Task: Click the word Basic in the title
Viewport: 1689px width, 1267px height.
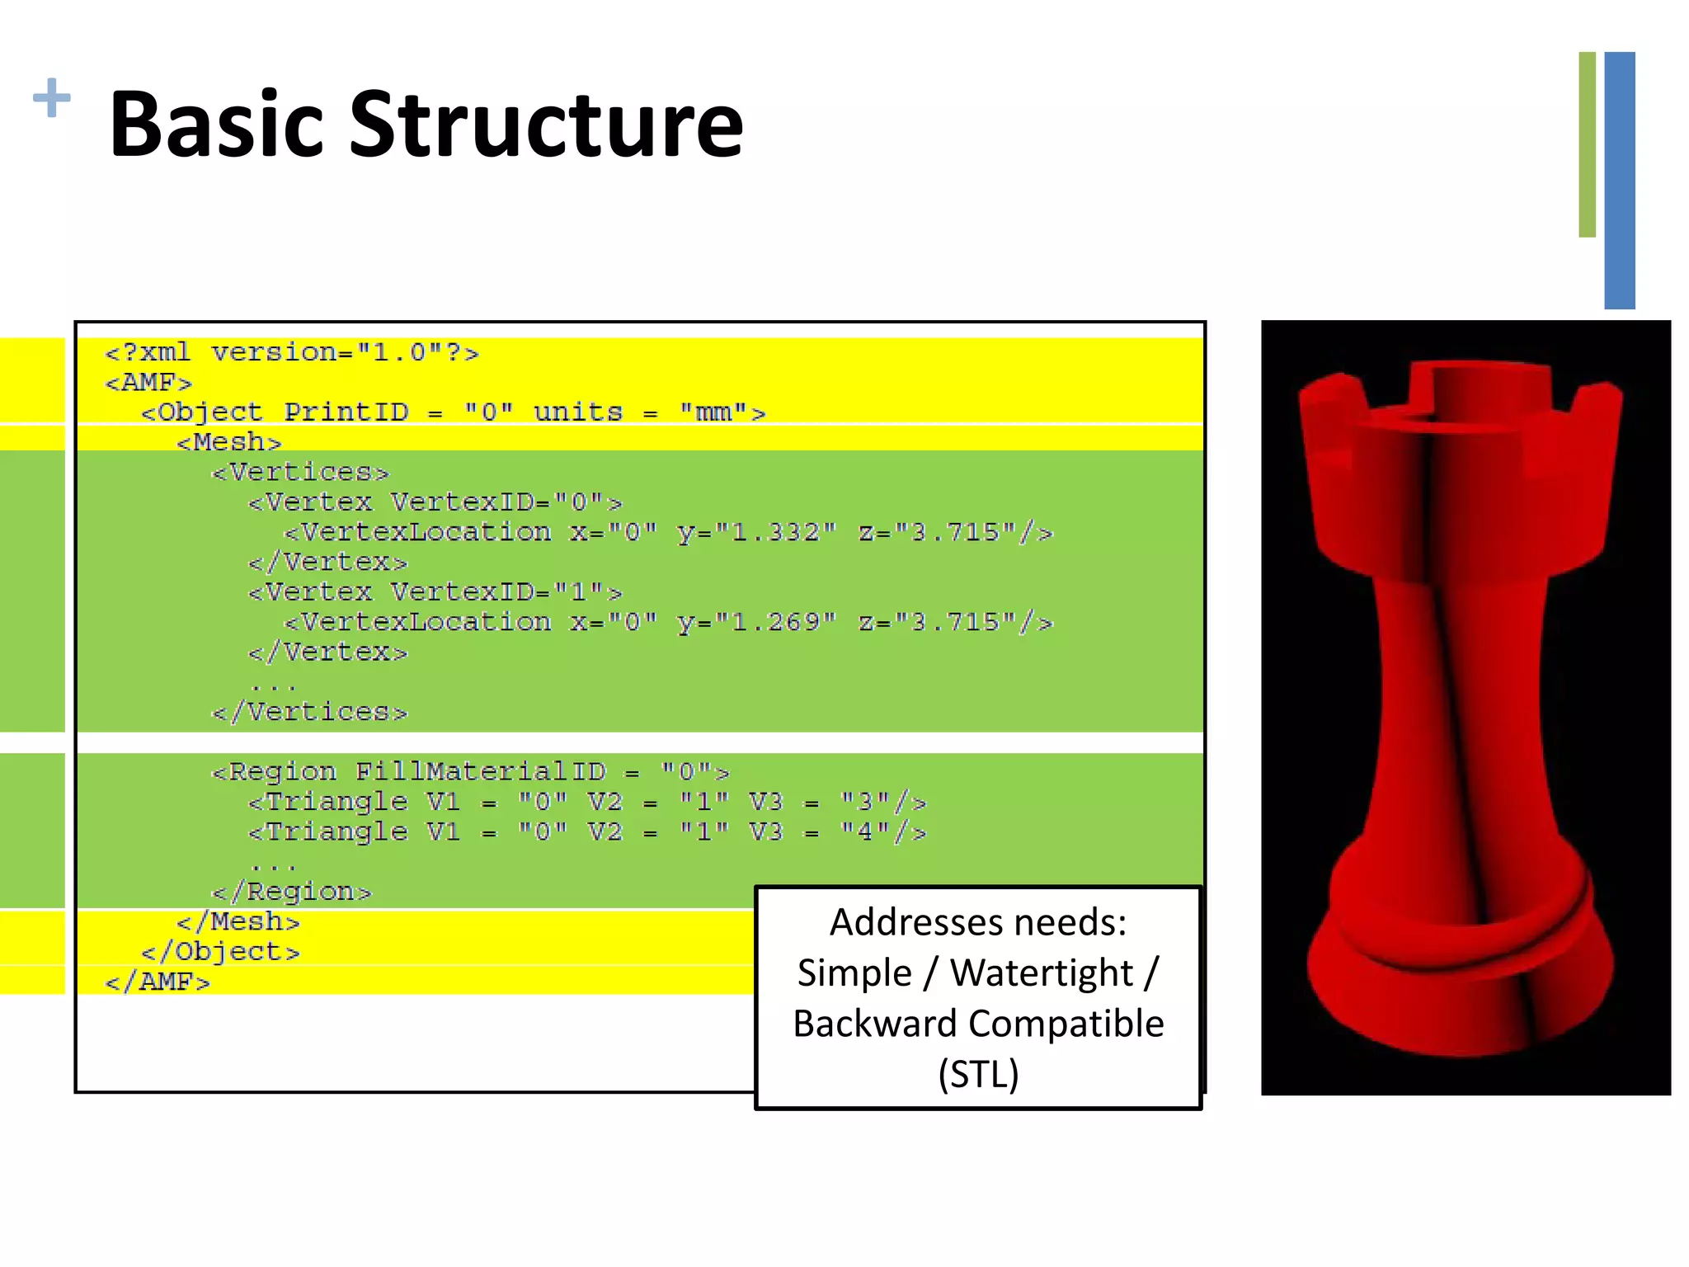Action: click(x=216, y=125)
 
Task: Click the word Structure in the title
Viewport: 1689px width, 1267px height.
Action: click(x=546, y=125)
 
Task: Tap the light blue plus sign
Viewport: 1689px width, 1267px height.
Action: click(x=51, y=98)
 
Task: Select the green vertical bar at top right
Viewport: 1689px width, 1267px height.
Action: click(x=1587, y=145)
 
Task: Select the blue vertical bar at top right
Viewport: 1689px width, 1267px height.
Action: click(x=1620, y=180)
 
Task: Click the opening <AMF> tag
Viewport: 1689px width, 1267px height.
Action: click(x=148, y=383)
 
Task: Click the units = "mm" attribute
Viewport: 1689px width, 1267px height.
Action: click(x=650, y=412)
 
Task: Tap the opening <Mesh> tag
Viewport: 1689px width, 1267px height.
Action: click(x=229, y=443)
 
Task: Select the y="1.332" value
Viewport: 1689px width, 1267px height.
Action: click(x=757, y=533)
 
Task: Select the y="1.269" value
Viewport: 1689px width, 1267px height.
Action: click(x=757, y=623)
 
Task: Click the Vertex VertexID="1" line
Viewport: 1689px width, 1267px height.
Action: click(x=435, y=592)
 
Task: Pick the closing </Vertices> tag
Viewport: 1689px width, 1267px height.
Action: click(x=310, y=713)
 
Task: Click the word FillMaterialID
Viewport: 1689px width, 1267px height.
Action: click(x=481, y=772)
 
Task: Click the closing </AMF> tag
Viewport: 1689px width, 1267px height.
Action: click(x=158, y=982)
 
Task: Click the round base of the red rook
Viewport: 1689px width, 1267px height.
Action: click(x=1460, y=990)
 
